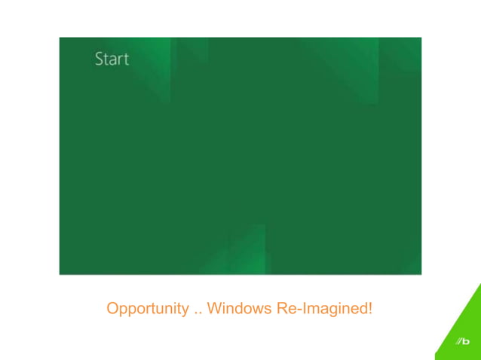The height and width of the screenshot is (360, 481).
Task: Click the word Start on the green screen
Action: point(112,59)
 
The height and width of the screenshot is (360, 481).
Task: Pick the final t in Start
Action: point(126,59)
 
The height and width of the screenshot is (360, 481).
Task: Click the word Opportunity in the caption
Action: point(148,309)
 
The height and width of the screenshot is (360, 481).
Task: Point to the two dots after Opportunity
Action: point(198,313)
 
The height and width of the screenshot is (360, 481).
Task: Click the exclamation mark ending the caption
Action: point(370,308)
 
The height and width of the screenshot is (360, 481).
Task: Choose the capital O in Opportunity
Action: point(112,308)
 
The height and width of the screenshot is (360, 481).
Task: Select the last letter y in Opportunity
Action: point(185,310)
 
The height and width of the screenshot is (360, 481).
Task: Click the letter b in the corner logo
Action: point(465,343)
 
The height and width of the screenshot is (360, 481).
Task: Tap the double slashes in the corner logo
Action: point(458,343)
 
